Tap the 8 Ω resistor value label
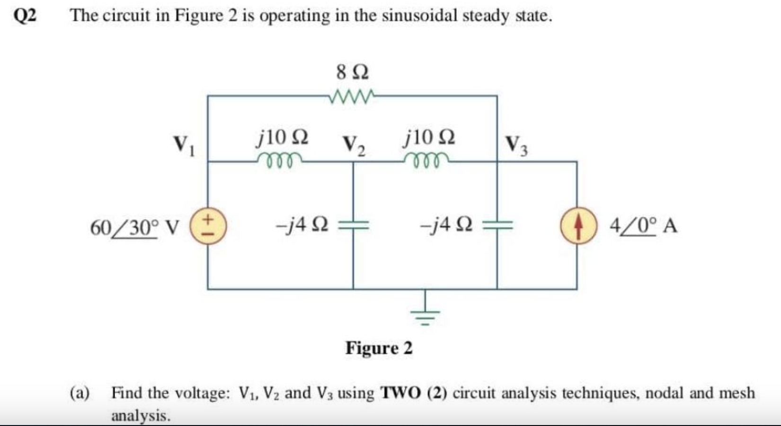pyautogui.click(x=353, y=72)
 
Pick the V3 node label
pyautogui.click(x=516, y=145)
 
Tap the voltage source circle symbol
pyautogui.click(x=208, y=227)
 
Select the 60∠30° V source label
pyautogui.click(x=135, y=228)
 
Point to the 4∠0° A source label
pyautogui.click(x=643, y=226)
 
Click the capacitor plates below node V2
pyautogui.click(x=353, y=226)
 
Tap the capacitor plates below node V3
pyautogui.click(x=497, y=226)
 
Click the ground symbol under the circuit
pyautogui.click(x=425, y=313)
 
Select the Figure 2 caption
pyautogui.click(x=379, y=348)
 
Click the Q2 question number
pyautogui.click(x=25, y=16)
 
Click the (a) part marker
pyautogui.click(x=80, y=393)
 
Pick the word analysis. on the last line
pyautogui.click(x=141, y=416)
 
